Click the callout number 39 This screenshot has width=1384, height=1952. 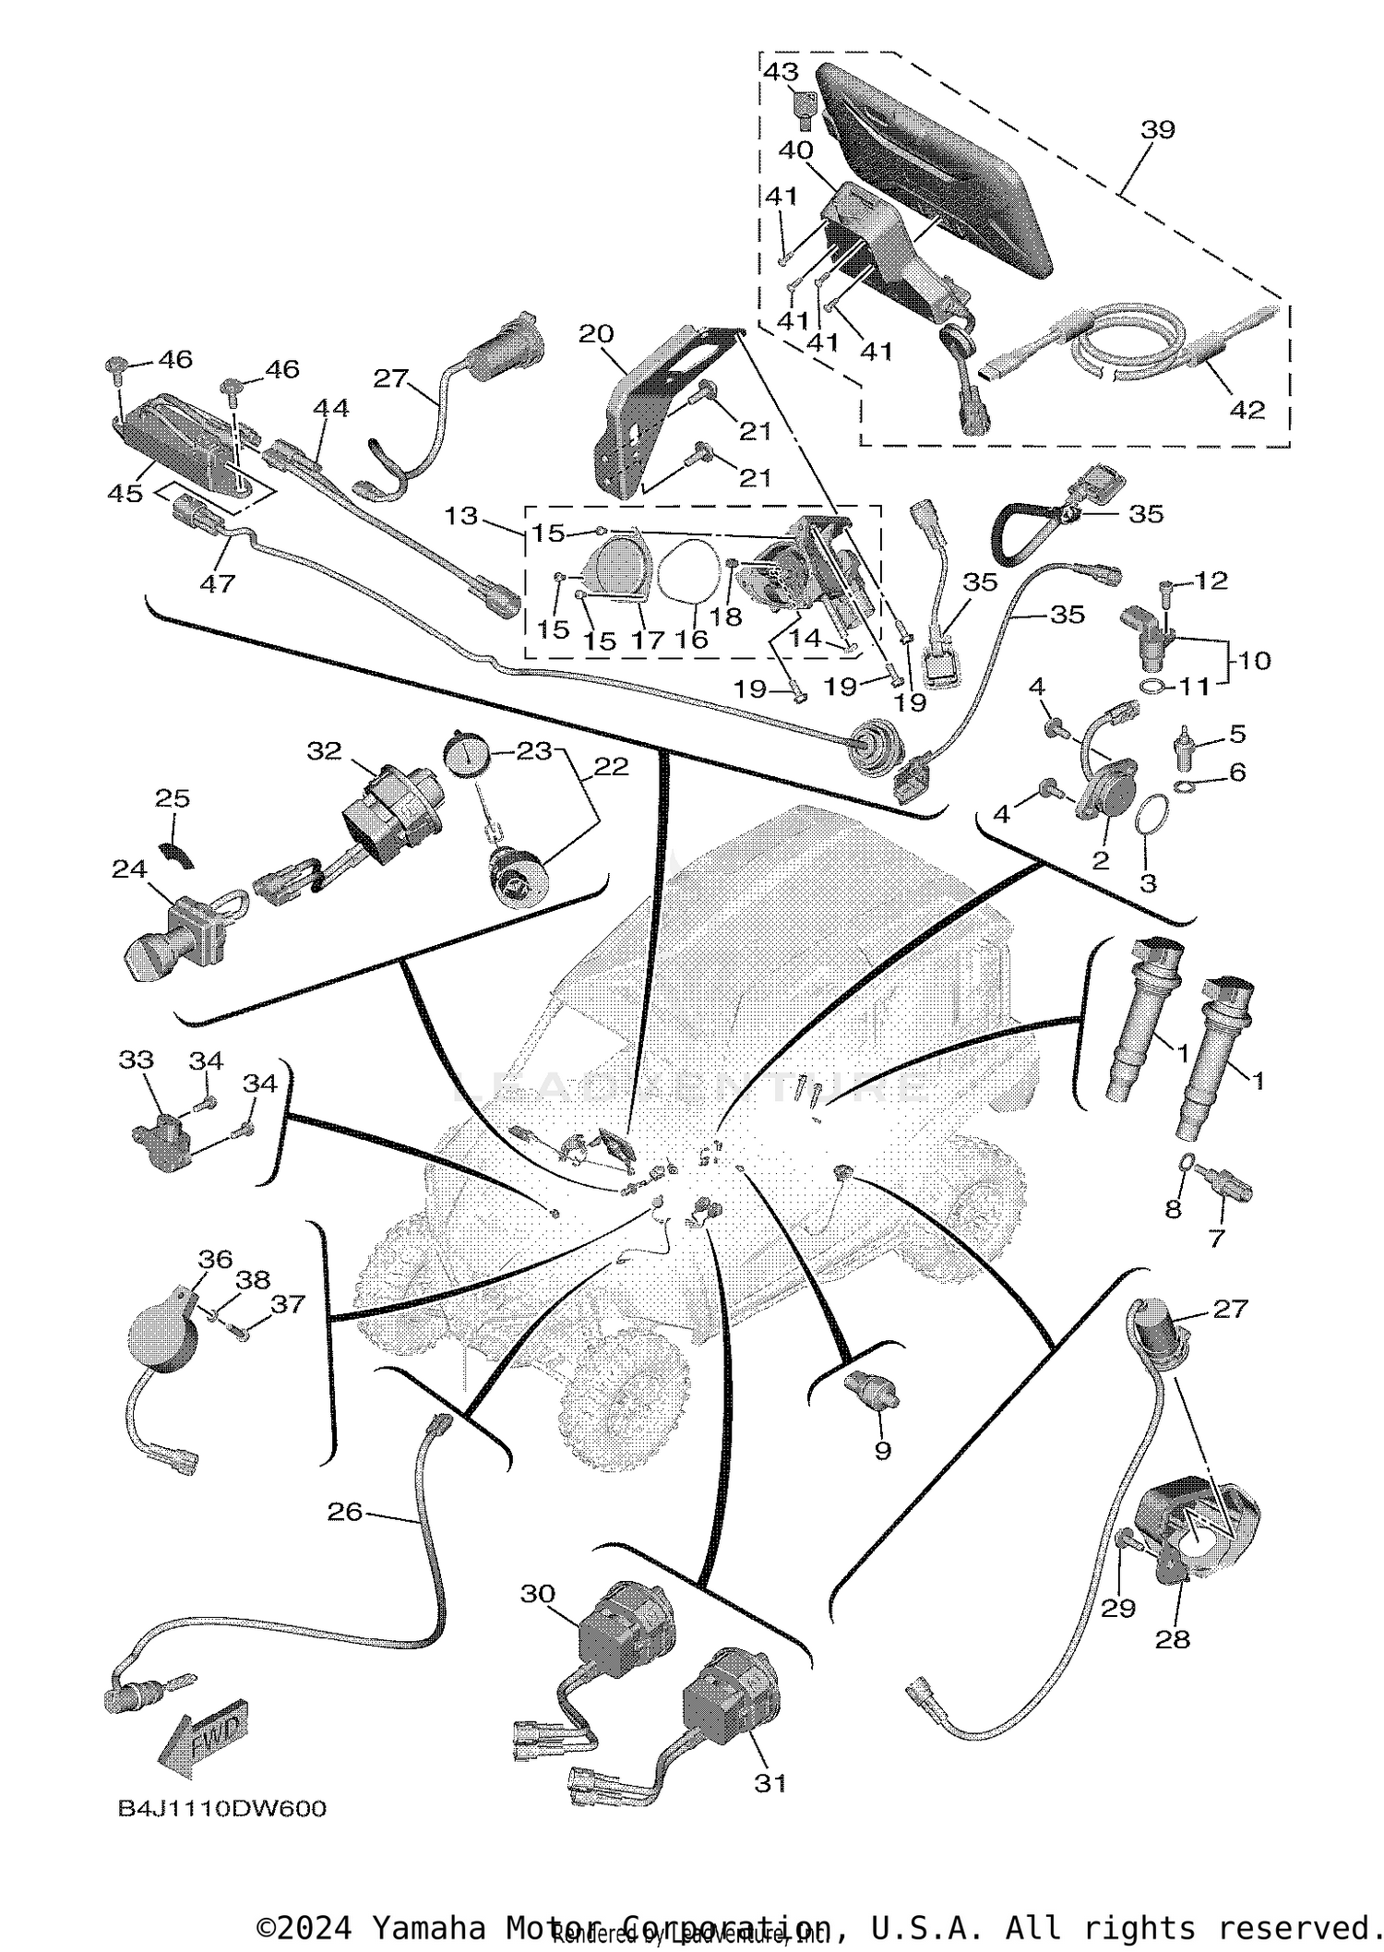tap(1158, 129)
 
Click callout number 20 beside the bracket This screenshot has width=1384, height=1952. tap(596, 333)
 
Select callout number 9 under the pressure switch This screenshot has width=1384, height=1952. tap(883, 1450)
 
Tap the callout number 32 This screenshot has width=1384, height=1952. tap(324, 751)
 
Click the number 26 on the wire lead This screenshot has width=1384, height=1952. tap(345, 1511)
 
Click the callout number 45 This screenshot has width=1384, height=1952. tap(125, 493)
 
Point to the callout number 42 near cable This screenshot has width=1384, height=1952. tap(1247, 409)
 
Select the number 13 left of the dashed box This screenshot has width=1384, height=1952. tap(460, 515)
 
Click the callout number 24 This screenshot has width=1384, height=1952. tap(129, 868)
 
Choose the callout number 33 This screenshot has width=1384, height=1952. tap(136, 1060)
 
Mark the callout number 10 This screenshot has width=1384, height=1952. tap(1255, 660)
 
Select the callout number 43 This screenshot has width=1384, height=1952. tap(781, 71)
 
